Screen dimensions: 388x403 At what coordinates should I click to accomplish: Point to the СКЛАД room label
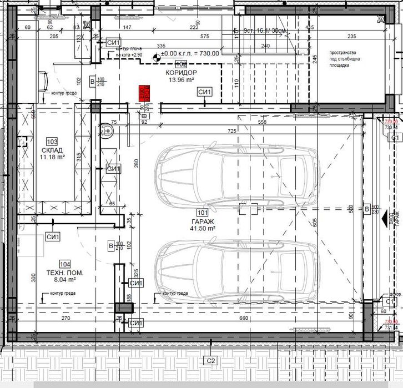[52, 150]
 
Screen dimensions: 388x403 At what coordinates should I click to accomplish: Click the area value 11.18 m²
[52, 157]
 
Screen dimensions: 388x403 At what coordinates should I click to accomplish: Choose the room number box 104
[65, 264]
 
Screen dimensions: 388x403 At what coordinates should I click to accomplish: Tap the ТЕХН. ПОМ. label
[65, 273]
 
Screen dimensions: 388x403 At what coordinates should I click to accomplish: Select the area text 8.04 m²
[65, 280]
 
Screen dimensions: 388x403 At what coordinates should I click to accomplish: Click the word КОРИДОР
[180, 73]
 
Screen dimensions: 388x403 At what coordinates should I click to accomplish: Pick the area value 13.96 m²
[180, 80]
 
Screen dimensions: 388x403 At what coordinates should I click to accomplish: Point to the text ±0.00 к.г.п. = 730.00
[190, 54]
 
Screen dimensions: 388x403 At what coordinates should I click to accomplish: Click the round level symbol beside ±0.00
[157, 54]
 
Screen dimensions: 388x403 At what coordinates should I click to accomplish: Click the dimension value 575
[204, 36]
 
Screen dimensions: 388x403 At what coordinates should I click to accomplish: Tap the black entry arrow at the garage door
[384, 220]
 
